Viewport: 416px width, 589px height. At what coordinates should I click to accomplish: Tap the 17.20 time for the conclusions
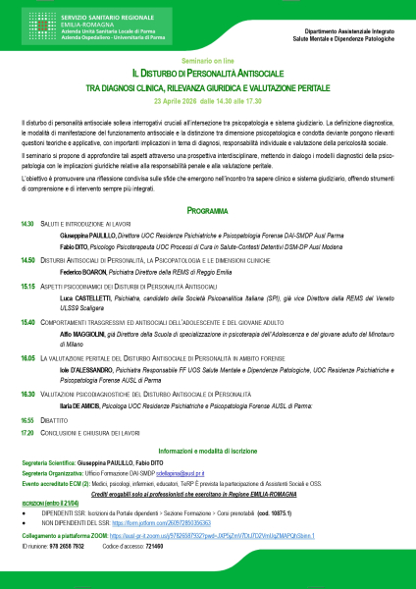[27, 430]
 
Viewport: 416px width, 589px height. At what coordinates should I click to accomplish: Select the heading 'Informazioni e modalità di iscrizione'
[207, 449]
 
